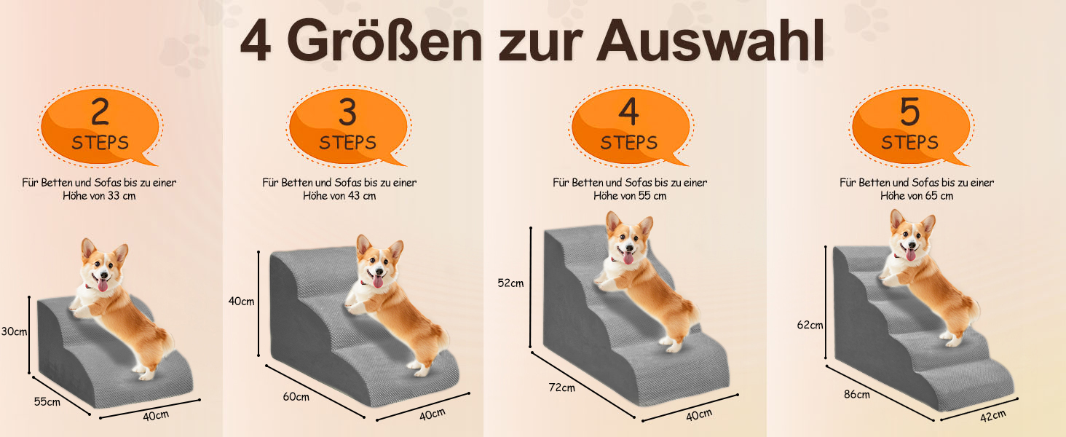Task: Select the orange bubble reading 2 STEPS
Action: [x=100, y=127]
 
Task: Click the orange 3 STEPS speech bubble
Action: [x=348, y=127]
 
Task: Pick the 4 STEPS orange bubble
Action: [x=630, y=127]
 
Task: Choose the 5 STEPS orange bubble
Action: [x=910, y=127]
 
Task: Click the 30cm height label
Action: [x=14, y=331]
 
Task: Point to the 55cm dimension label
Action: [x=47, y=401]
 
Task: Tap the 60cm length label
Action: [x=296, y=396]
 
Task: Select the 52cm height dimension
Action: [x=510, y=283]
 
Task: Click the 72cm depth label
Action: [x=561, y=387]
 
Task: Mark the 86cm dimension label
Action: [x=856, y=394]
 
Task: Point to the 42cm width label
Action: [x=993, y=416]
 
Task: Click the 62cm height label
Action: [x=810, y=325]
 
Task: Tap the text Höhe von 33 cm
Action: [x=99, y=196]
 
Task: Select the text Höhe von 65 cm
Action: [x=917, y=196]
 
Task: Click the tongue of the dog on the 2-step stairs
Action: [x=103, y=286]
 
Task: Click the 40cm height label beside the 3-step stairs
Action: [x=241, y=302]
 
